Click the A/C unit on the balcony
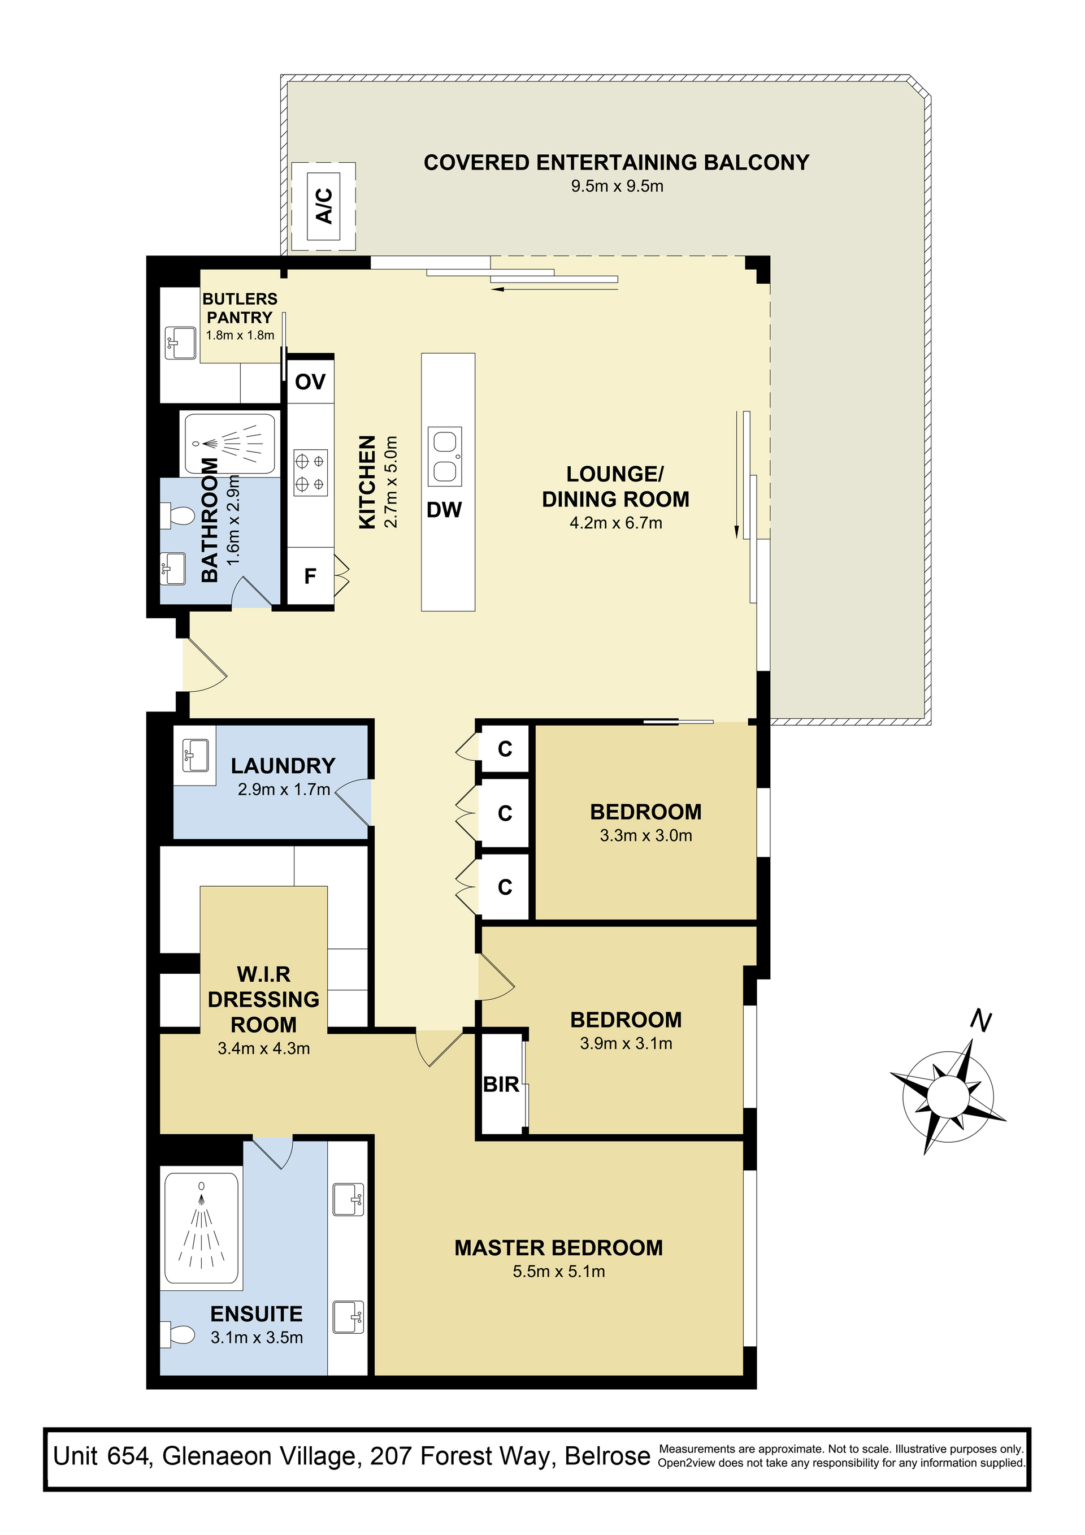pyautogui.click(x=324, y=206)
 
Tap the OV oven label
pyautogui.click(x=310, y=381)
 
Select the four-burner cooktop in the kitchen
pyautogui.click(x=311, y=472)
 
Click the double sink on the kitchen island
pyautogui.click(x=445, y=456)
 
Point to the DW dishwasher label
pyautogui.click(x=445, y=510)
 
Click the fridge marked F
pyautogui.click(x=310, y=575)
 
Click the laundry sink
pyautogui.click(x=195, y=756)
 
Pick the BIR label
pyautogui.click(x=501, y=1085)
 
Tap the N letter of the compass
pyautogui.click(x=980, y=1021)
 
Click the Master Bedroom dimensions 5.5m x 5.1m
pyautogui.click(x=559, y=1271)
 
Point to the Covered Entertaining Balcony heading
pyautogui.click(x=617, y=162)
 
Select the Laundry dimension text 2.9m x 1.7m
pyautogui.click(x=284, y=789)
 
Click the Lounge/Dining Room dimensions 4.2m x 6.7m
pyautogui.click(x=616, y=523)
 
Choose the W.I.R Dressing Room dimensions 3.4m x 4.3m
pyautogui.click(x=263, y=1048)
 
